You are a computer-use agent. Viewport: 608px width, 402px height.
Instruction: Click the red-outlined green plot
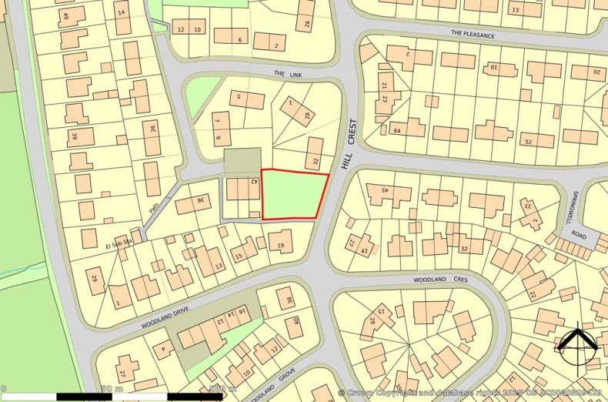coord(294,196)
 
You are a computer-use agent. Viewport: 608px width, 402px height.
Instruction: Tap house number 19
coord(281,246)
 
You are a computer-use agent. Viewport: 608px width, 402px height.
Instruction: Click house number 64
coord(398,131)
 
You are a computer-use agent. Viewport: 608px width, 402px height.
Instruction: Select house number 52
coord(528,142)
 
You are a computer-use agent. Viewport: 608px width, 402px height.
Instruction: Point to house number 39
coord(75,137)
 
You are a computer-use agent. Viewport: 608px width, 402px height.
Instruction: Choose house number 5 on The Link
coord(239,97)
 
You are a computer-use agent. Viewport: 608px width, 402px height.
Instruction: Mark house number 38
coord(289,300)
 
